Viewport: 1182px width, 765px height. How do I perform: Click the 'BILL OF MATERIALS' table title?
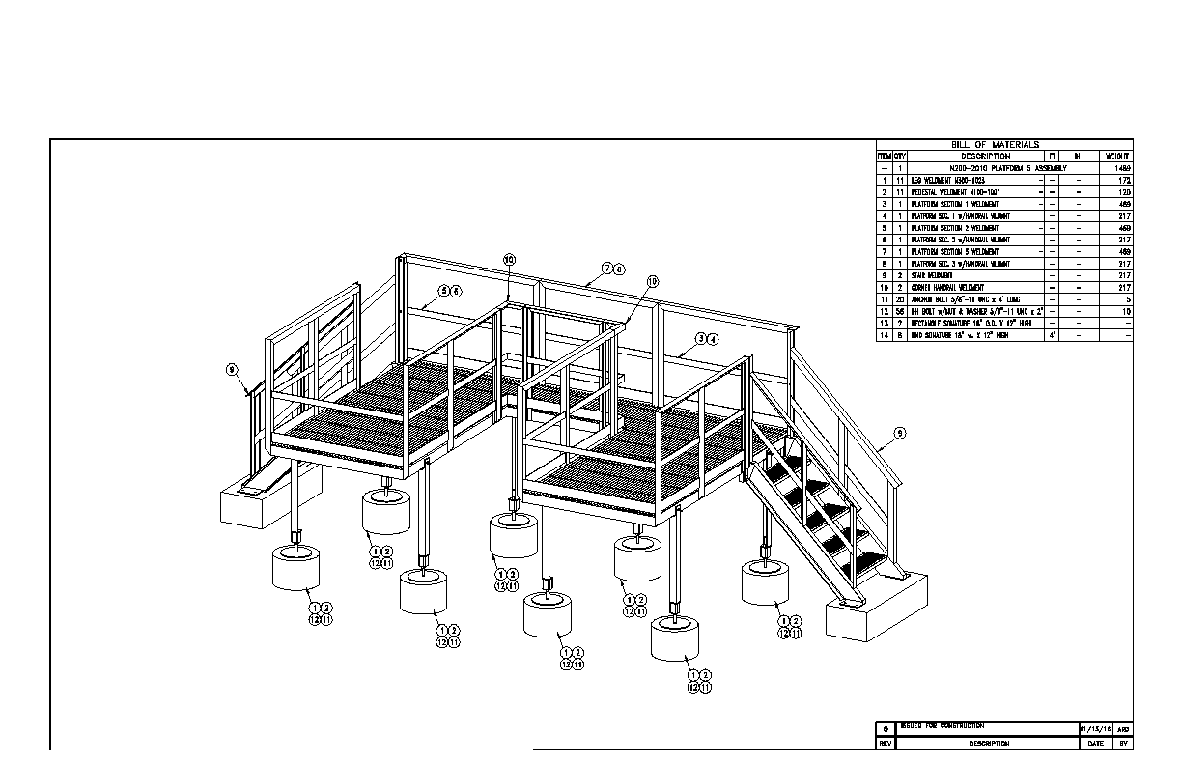1004,144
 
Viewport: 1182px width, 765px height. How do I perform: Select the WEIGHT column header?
1117,156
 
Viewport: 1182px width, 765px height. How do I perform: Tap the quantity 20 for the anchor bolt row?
899,299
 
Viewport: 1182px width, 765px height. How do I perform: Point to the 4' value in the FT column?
1052,335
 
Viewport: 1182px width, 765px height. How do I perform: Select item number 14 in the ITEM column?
884,335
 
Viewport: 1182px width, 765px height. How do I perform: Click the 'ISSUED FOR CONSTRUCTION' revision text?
942,725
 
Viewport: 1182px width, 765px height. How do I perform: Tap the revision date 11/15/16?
1096,728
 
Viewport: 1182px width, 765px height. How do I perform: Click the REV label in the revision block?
884,743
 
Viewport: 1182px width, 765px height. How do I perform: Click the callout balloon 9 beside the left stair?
232,369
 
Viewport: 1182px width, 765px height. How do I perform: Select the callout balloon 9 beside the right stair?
899,434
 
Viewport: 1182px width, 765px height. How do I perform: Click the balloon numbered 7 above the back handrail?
607,268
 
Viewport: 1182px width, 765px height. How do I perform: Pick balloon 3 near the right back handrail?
700,339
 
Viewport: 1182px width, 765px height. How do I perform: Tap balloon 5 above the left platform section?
444,290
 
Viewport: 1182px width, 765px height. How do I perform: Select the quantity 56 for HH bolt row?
899,311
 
